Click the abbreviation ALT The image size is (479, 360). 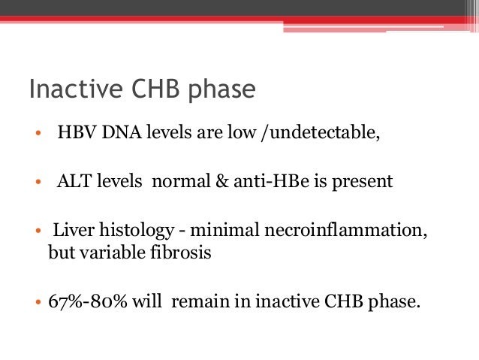(72, 182)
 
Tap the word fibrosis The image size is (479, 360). (185, 253)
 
